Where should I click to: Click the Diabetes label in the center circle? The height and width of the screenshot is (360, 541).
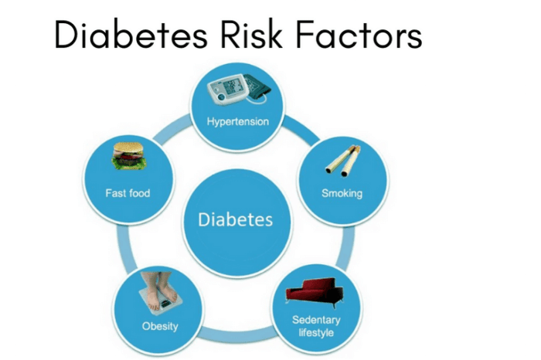tap(236, 219)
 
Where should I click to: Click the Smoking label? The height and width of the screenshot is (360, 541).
tap(341, 192)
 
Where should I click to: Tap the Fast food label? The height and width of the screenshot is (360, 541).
tap(128, 192)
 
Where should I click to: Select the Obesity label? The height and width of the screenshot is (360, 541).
tap(160, 325)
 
